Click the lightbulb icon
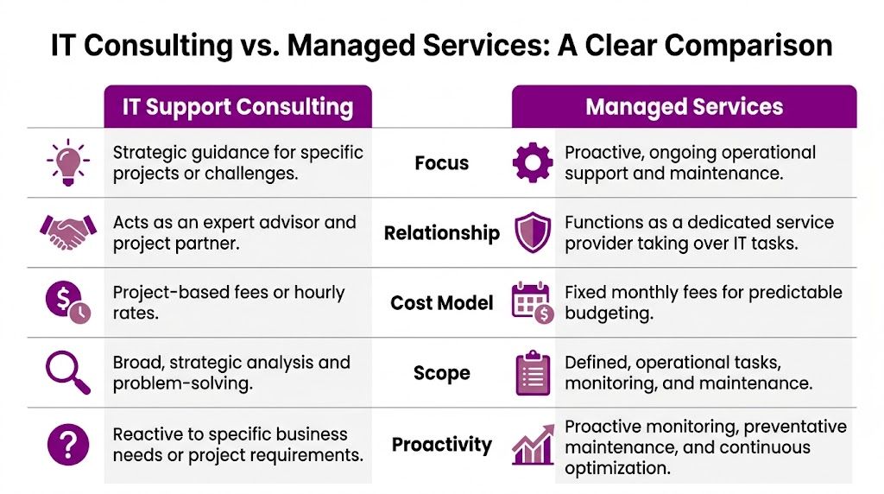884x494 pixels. coord(66,162)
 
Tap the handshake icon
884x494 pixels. coord(66,232)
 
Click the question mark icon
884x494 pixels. coord(66,445)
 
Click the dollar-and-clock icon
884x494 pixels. coord(66,303)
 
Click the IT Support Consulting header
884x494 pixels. coord(237,107)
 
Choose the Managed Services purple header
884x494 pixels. coord(684,107)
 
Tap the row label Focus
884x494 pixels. coord(441,162)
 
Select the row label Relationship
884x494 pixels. coord(441,233)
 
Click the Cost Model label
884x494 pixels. coord(441,303)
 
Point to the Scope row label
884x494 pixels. coord(441,373)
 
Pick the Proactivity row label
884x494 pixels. coord(441,445)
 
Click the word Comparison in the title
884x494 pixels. coord(736,45)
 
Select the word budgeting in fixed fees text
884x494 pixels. coord(608,313)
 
